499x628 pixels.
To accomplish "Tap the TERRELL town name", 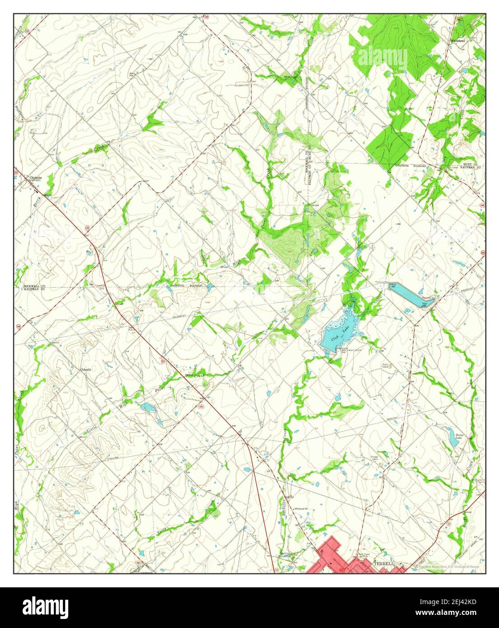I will click(385, 564).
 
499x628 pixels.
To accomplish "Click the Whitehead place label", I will click(458, 41).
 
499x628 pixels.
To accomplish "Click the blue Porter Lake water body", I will click(452, 436).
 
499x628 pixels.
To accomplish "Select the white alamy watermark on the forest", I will click(376, 56).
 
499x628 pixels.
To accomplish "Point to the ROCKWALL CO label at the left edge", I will click(34, 286).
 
